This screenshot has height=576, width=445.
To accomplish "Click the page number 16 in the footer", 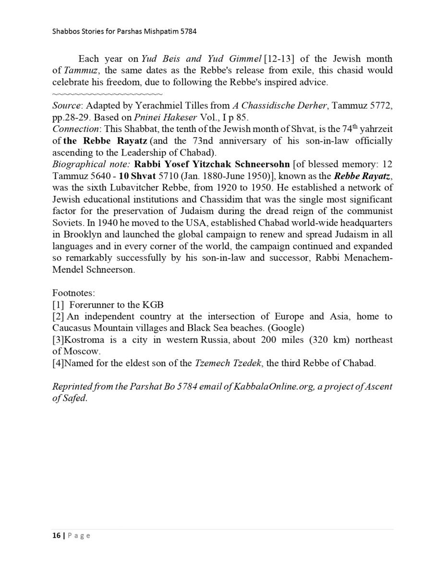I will pos(56,535).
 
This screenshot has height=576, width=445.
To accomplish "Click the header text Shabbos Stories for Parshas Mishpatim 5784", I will pos(124,31).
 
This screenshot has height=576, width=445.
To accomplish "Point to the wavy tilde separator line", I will pos(107,94).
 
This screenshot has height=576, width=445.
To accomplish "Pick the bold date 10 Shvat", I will pos(137,176).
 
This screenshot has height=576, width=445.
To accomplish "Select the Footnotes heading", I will pos(73,293).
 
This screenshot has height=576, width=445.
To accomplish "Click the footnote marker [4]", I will pos(58,363).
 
